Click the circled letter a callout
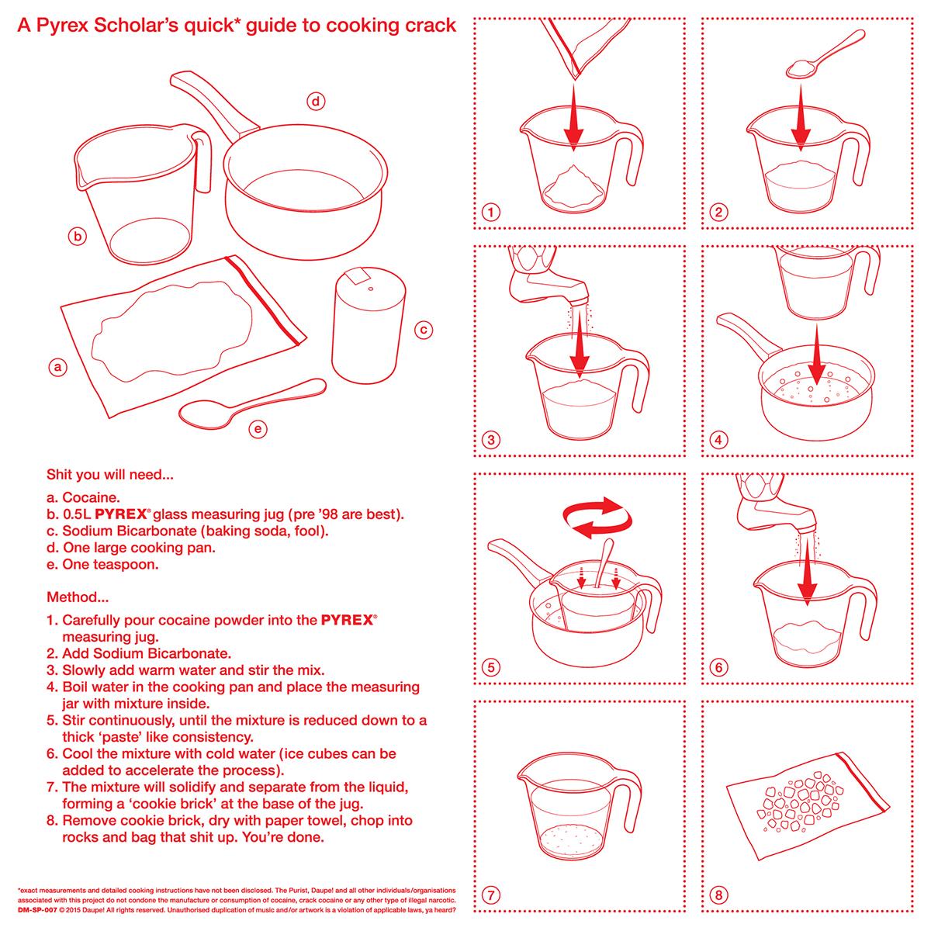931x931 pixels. click(55, 365)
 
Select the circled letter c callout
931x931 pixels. click(423, 330)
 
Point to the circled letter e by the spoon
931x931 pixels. click(259, 427)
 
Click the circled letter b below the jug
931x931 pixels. click(77, 237)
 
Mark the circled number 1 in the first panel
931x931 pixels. click(490, 212)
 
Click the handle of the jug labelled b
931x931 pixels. click(203, 163)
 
